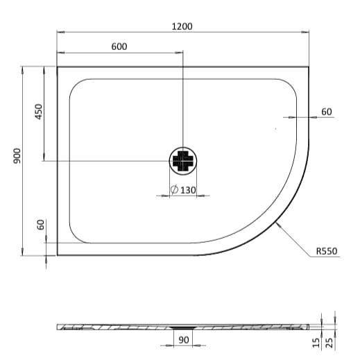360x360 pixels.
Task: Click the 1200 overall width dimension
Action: coord(182,26)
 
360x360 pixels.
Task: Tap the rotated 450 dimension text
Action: coord(39,111)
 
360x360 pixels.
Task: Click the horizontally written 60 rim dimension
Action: coord(327,112)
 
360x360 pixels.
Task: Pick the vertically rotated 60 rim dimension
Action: coord(40,225)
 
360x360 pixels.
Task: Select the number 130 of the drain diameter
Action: coord(187,190)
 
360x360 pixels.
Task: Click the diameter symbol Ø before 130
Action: coord(173,190)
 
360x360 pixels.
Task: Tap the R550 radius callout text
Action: coord(326,252)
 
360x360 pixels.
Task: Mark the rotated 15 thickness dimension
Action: coord(316,341)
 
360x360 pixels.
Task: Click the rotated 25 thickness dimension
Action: coord(332,341)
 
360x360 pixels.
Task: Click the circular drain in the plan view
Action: coord(183,162)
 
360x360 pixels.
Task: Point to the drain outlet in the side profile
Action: coord(183,326)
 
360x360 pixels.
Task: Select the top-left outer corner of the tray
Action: coord(57,67)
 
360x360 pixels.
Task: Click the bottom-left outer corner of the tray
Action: coord(57,255)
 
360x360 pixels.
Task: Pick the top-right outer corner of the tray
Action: coord(309,67)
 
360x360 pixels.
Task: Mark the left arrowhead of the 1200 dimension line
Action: coord(59,32)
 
